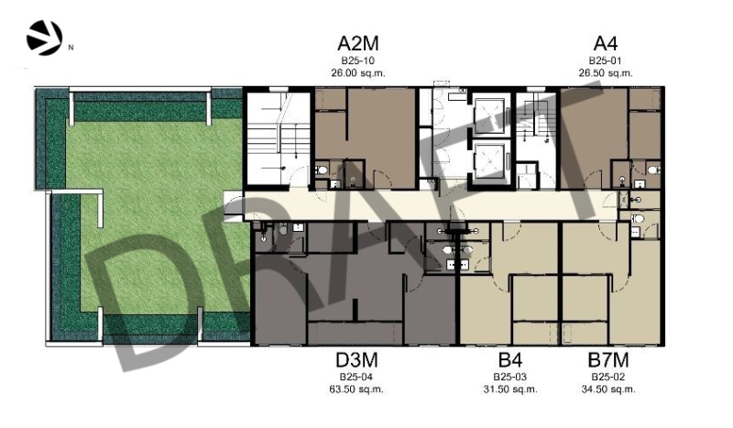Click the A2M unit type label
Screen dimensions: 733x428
pos(357,43)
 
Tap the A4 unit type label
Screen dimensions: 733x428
pos(606,43)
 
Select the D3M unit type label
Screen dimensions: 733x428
pos(356,360)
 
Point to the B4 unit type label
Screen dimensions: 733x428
pos(510,360)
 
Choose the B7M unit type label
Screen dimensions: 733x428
pos(608,360)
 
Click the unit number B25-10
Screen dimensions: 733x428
pos(357,60)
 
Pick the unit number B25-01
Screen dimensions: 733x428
pos(606,60)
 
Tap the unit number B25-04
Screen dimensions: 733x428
pos(356,377)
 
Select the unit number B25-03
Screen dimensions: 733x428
pos(510,377)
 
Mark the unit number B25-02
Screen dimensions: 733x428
pos(608,377)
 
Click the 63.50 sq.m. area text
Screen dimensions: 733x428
pos(356,390)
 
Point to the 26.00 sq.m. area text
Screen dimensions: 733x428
pos(358,73)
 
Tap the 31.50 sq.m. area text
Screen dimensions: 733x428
pos(510,390)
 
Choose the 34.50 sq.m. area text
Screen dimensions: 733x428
pos(608,390)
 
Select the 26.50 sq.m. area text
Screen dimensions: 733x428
pos(606,73)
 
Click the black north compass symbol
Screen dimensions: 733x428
pos(44,38)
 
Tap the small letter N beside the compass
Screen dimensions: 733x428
pos(71,48)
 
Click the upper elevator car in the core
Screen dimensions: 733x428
pos(489,115)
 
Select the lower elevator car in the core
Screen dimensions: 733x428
pos(489,160)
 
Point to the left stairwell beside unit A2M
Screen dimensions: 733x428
pos(279,138)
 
